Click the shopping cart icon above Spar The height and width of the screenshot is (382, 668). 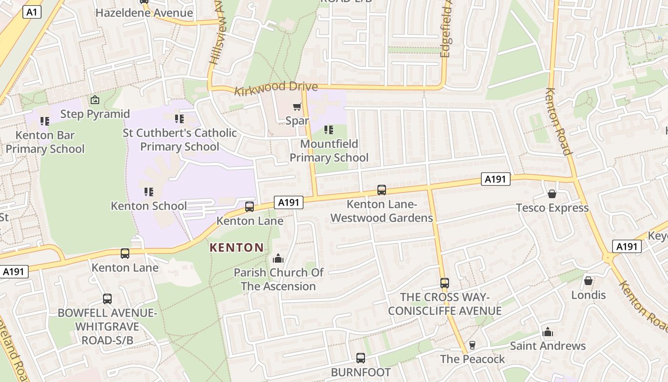pos(297,106)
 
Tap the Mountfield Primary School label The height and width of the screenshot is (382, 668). pos(329,150)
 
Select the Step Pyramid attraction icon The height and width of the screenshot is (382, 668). pos(95,100)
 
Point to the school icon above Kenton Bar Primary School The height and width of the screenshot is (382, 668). pos(45,121)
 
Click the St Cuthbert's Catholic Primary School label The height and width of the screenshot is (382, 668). pos(179,139)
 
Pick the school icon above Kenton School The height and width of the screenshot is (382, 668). pos(149,192)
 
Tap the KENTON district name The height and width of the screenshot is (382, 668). pos(237,247)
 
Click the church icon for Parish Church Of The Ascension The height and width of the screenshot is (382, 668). pos(278,259)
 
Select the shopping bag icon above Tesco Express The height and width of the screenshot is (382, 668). pos(552,194)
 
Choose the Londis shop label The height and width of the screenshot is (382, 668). pos(588,295)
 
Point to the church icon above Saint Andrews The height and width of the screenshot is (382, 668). pos(548,332)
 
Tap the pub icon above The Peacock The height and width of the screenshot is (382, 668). pos(472,345)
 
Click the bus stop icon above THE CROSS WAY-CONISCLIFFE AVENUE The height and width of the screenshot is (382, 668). pos(445,283)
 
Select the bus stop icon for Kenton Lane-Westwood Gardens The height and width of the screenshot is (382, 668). pos(382,190)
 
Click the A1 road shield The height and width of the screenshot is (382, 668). pos(32,12)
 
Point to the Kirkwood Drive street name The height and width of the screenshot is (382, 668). pos(276,88)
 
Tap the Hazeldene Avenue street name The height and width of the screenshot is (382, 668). pos(144,13)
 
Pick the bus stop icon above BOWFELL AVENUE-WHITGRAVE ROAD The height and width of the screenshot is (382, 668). pos(107,299)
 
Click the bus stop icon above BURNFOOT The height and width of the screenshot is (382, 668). pos(361,358)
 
